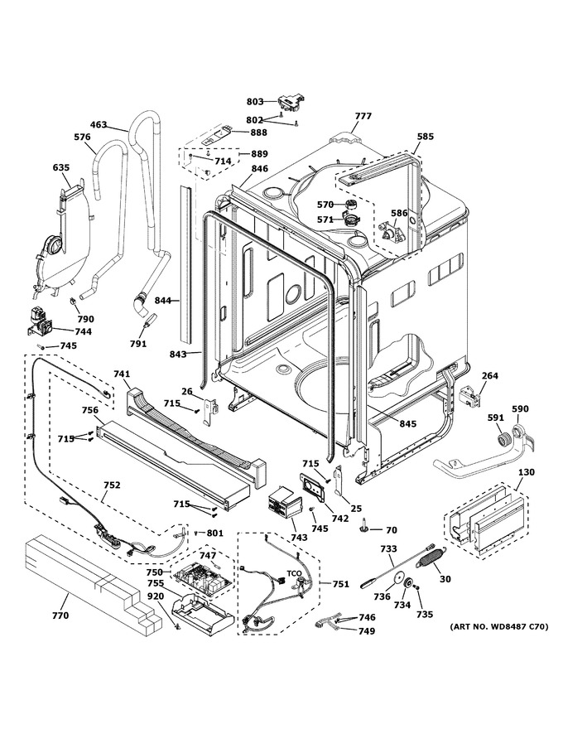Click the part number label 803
click(254, 101)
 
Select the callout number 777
click(363, 116)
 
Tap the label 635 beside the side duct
click(60, 167)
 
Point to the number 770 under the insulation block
click(60, 616)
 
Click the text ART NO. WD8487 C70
click(499, 627)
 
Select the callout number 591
click(496, 418)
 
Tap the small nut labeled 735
click(416, 588)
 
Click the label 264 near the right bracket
click(489, 375)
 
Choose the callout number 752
click(112, 485)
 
